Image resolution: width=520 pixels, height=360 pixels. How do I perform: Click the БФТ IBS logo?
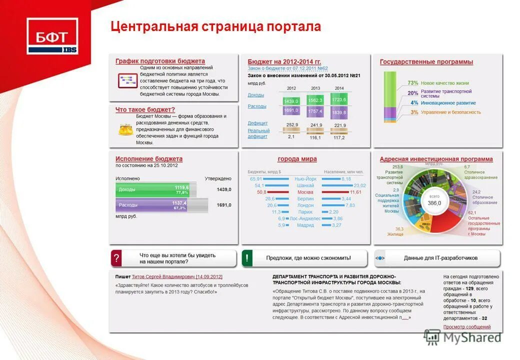pos(52,36)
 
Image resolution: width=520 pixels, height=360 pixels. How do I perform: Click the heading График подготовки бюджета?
pos(160,61)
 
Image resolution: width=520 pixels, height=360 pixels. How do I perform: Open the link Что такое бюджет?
pos(145,109)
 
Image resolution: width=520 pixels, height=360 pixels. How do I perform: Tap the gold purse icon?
pos(124,129)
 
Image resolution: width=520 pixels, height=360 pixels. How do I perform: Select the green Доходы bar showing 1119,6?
pos(155,189)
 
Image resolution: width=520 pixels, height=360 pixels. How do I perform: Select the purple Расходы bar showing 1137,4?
pos(154,205)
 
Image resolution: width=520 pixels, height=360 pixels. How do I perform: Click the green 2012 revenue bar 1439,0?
pos(291,100)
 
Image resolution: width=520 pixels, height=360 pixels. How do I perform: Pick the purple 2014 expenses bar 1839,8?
pos(339,112)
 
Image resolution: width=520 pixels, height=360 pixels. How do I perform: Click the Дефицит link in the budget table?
pos(257,123)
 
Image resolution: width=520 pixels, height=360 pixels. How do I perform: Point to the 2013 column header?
pos(315,88)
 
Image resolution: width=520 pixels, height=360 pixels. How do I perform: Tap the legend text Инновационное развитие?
pos(448,103)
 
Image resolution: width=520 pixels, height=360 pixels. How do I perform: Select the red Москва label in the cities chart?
pos(305,192)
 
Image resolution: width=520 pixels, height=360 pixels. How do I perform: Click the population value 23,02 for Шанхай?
pos(359,185)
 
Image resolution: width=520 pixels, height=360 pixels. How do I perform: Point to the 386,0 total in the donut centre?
pos(434,203)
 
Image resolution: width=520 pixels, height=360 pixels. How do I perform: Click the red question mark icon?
pos(116,258)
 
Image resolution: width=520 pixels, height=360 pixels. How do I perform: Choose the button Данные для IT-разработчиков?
pos(440,258)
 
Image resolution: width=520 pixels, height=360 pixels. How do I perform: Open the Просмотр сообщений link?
pos(466,327)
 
